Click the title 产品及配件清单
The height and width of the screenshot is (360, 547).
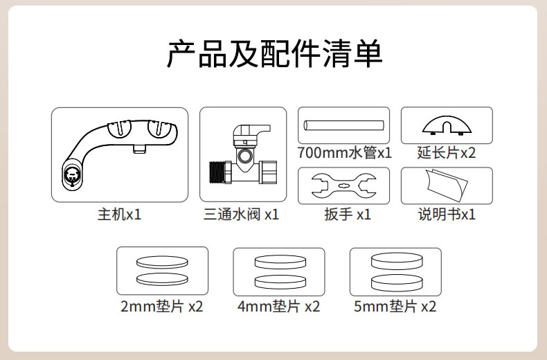[275, 54]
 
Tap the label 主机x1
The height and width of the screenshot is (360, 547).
[119, 214]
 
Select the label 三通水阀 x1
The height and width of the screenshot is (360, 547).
[241, 214]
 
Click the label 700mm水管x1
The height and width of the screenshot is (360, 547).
[344, 153]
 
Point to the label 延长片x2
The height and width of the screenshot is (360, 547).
[447, 153]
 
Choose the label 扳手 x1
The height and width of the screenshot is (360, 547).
[348, 214]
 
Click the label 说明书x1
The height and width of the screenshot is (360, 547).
[447, 214]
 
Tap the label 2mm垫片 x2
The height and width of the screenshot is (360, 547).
[162, 307]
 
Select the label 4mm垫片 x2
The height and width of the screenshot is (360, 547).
[279, 307]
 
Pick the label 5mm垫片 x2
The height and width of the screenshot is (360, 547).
[395, 307]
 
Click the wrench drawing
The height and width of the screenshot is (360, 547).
[343, 186]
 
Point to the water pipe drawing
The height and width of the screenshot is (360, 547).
[343, 125]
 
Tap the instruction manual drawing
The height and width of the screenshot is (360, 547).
[447, 185]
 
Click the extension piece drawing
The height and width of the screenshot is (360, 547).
[447, 125]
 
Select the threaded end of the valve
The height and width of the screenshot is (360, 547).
[217, 172]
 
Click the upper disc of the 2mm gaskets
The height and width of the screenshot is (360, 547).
[162, 262]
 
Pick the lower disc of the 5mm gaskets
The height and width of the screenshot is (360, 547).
[397, 282]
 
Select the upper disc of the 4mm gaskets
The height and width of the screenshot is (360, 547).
[280, 262]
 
